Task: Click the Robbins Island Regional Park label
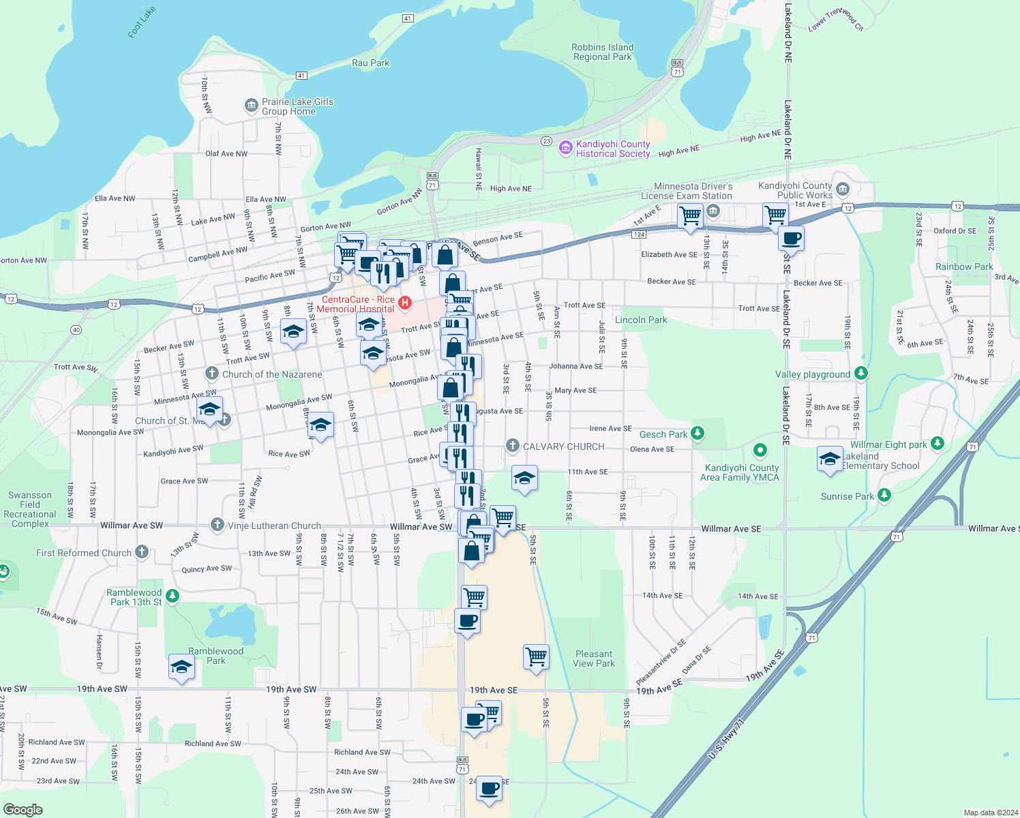coord(603,52)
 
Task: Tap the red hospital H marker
coord(405,302)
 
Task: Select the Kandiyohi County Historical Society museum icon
coord(565,148)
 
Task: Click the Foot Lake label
coord(142,22)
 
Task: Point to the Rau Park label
coord(370,63)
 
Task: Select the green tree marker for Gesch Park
coord(697,433)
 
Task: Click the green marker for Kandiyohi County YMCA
coord(760,451)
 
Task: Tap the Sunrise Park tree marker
coord(884,495)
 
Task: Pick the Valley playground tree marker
coord(861,374)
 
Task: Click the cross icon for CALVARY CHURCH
coord(512,446)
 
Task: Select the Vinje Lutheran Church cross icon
coord(217,524)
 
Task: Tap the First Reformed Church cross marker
coord(142,551)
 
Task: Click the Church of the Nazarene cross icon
coord(212,373)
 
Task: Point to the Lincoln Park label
coord(641,320)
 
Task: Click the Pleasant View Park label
coord(594,658)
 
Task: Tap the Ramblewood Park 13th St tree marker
coord(173,596)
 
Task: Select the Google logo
coord(23,810)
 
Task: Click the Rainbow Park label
coord(964,267)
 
